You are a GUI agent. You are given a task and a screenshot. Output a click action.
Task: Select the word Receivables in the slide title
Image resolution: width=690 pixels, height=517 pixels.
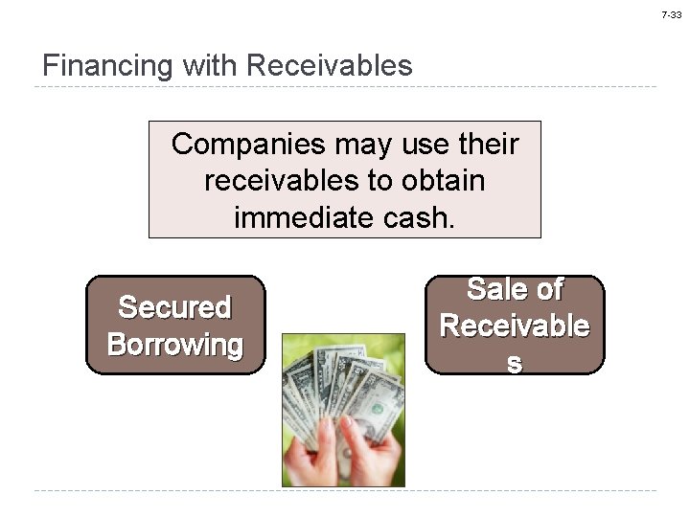tap(329, 66)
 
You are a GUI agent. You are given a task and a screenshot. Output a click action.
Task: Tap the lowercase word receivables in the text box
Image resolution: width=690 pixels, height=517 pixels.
tap(288, 181)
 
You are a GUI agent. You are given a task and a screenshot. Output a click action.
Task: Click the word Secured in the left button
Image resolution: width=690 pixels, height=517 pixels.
tap(174, 307)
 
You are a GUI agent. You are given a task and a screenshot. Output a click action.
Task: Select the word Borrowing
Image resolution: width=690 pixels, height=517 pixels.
tap(174, 344)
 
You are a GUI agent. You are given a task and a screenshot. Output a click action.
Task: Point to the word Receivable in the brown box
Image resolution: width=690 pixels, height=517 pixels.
tap(515, 326)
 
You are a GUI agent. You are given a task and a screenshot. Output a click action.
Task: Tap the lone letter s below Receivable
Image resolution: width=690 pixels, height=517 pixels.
tap(515, 362)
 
